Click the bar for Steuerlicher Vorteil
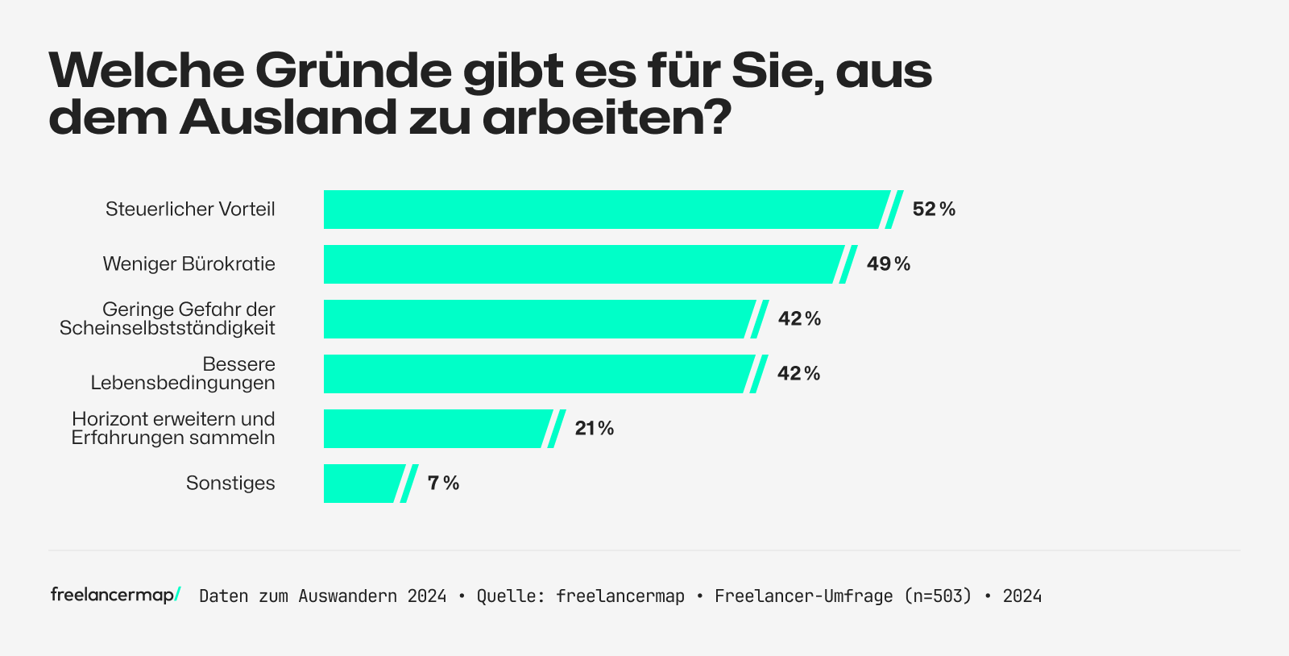[604, 210]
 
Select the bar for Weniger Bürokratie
[580, 264]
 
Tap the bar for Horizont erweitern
[435, 429]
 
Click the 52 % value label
[934, 210]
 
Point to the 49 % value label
[889, 264]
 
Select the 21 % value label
[595, 429]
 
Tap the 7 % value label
[443, 484]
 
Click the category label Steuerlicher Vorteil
[190, 210]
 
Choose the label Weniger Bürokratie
[189, 264]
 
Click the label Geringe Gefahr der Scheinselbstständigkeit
[168, 319]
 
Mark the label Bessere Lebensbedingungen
[183, 374]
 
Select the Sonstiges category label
[230, 484]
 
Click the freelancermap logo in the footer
[115, 595]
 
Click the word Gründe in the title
[354, 71]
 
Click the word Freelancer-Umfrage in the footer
[803, 596]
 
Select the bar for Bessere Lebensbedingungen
[536, 374]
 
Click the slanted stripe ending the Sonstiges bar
[409, 484]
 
